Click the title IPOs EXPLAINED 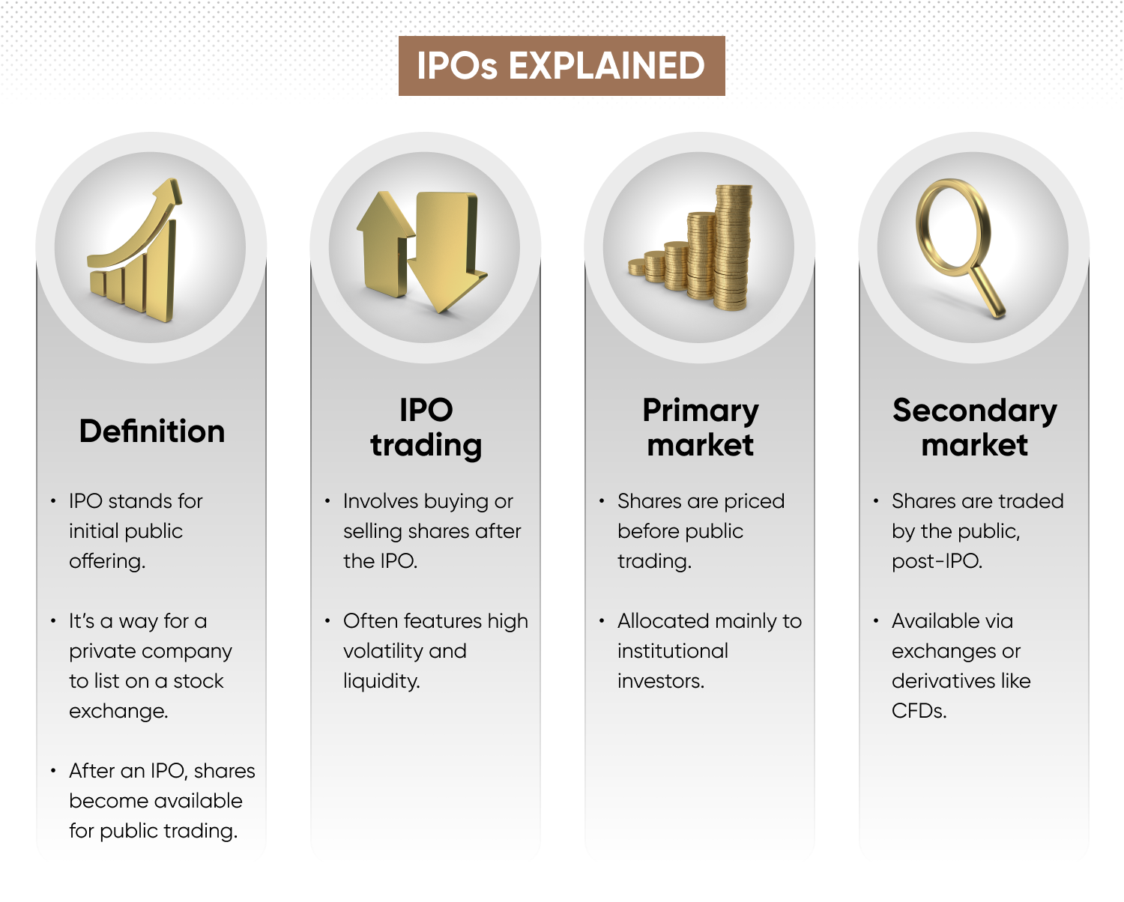coord(561,66)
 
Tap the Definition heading coord(152,432)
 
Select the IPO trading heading coord(426,427)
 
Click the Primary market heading coord(700,427)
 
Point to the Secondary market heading coord(974,427)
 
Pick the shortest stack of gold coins coord(637,267)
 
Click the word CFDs coord(919,711)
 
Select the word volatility coord(384,651)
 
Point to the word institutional coord(672,651)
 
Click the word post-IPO coord(936,561)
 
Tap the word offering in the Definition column coord(106,561)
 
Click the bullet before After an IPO coord(53,771)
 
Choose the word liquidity coord(381,681)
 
